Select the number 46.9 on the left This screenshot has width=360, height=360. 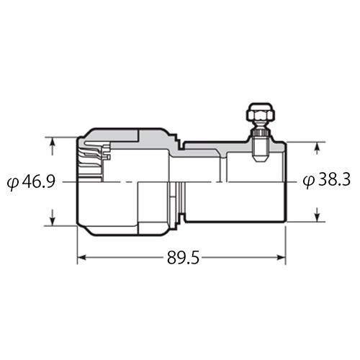pos(39,181)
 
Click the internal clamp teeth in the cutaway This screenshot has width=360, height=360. pos(95,152)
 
